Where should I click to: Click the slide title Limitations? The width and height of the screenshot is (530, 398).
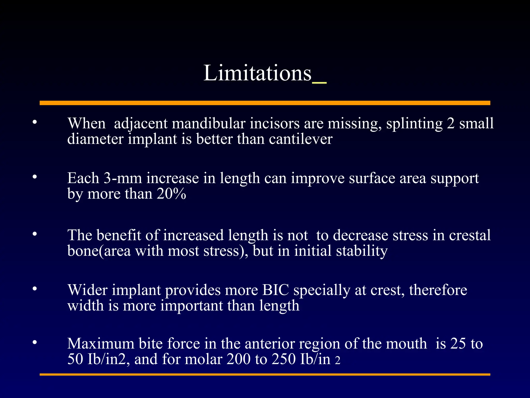257,73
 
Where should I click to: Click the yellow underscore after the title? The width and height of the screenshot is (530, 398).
319,82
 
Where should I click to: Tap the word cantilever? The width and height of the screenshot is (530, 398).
300,139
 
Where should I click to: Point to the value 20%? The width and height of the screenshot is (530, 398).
171,194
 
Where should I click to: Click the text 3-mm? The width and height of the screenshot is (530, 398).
123,178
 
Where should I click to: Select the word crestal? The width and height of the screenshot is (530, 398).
469,235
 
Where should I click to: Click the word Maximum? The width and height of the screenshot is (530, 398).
101,344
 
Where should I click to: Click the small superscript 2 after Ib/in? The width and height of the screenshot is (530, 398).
337,360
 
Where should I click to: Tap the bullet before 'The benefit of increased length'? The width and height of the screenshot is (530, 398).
35,234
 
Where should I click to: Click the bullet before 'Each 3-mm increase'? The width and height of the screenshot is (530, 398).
35,177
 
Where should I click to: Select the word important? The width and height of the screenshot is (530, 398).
191,306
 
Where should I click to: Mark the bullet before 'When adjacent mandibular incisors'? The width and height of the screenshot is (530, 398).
35,122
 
